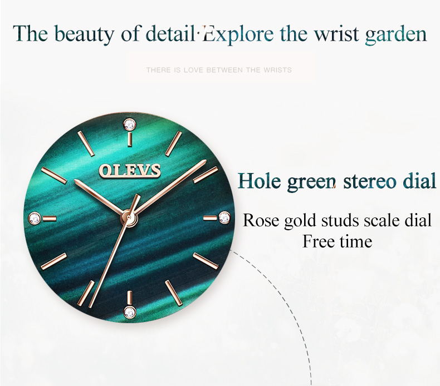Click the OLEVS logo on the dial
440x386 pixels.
pyautogui.click(x=130, y=170)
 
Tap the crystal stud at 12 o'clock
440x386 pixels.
pyautogui.click(x=129, y=124)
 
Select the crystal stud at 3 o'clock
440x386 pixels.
pyautogui.click(x=224, y=218)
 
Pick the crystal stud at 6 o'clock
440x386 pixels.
pyautogui.click(x=130, y=312)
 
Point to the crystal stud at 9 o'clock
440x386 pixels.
pyautogui.click(x=35, y=218)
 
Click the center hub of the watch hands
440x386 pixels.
pyautogui.click(x=129, y=217)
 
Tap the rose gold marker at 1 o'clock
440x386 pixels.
pyautogui.click(x=174, y=143)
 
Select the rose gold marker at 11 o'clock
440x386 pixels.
pyautogui.click(x=86, y=143)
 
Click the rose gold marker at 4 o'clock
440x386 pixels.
pyautogui.click(x=206, y=261)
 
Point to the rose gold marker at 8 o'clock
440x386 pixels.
pyautogui.click(x=53, y=261)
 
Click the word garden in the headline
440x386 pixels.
pyautogui.click(x=395, y=34)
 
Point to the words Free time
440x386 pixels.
pyautogui.click(x=338, y=241)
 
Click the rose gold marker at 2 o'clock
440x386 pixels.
pyautogui.click(x=206, y=175)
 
